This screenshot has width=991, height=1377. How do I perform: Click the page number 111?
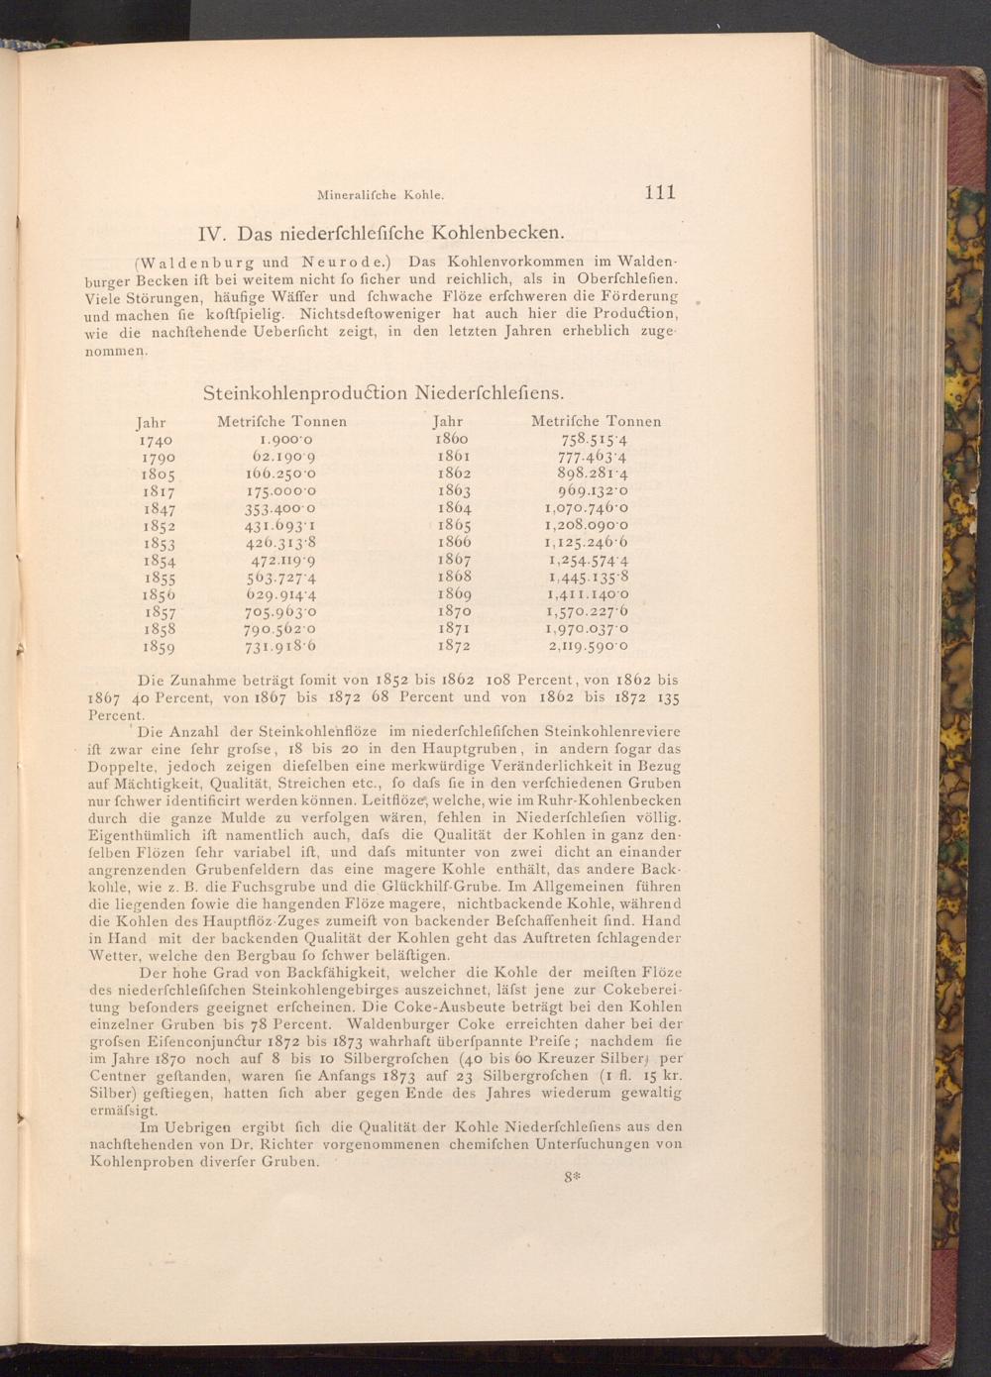(659, 192)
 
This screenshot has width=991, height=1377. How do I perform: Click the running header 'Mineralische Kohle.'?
(378, 195)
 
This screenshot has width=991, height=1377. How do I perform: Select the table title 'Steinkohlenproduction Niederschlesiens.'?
(385, 392)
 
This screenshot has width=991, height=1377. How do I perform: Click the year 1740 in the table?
(157, 439)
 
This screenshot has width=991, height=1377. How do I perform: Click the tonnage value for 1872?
(589, 646)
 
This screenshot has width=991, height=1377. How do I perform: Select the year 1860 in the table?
(452, 438)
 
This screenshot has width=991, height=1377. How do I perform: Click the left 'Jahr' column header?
(151, 421)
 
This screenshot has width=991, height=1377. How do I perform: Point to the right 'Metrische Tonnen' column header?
(597, 421)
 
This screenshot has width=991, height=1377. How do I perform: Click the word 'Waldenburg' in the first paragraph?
(185, 263)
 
